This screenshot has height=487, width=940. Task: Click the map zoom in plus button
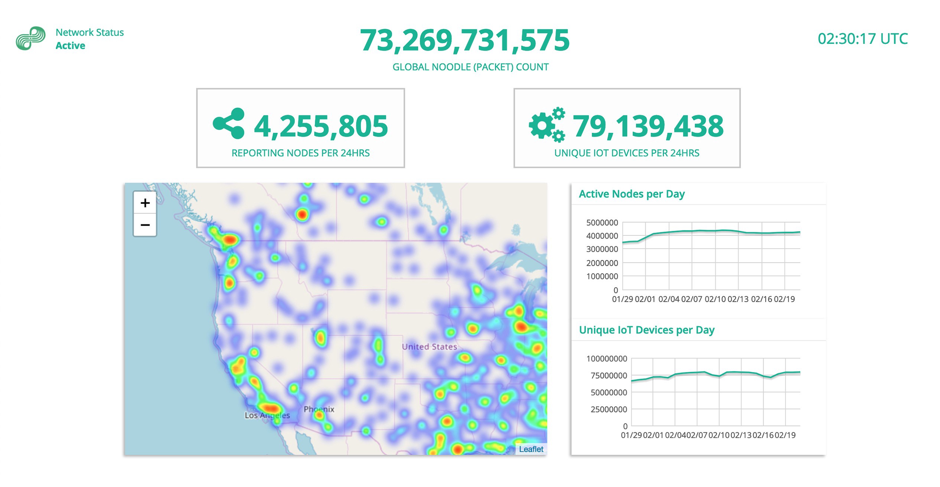pos(145,203)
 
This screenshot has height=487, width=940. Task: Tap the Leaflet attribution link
pos(531,449)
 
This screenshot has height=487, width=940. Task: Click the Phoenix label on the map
pos(319,409)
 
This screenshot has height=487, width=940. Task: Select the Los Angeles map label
pos(267,415)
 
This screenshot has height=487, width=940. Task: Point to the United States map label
pos(429,347)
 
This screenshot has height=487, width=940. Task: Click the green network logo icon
pos(31,38)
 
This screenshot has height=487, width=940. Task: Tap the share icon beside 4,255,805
pos(229,124)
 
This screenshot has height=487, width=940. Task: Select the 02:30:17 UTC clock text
pos(863,39)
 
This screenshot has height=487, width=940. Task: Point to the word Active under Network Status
pos(71,46)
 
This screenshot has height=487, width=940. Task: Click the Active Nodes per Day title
pos(631,194)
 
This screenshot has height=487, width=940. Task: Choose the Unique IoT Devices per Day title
pos(646,330)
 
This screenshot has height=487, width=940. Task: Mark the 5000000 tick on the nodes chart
pos(602,223)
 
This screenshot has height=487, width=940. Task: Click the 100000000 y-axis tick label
pos(607,359)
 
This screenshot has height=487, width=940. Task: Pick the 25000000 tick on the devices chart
pos(608,409)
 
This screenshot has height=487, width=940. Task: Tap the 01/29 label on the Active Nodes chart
pos(622,299)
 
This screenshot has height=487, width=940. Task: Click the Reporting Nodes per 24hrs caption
pos(300,153)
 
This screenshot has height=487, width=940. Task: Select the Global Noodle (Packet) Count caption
pos(470,67)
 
